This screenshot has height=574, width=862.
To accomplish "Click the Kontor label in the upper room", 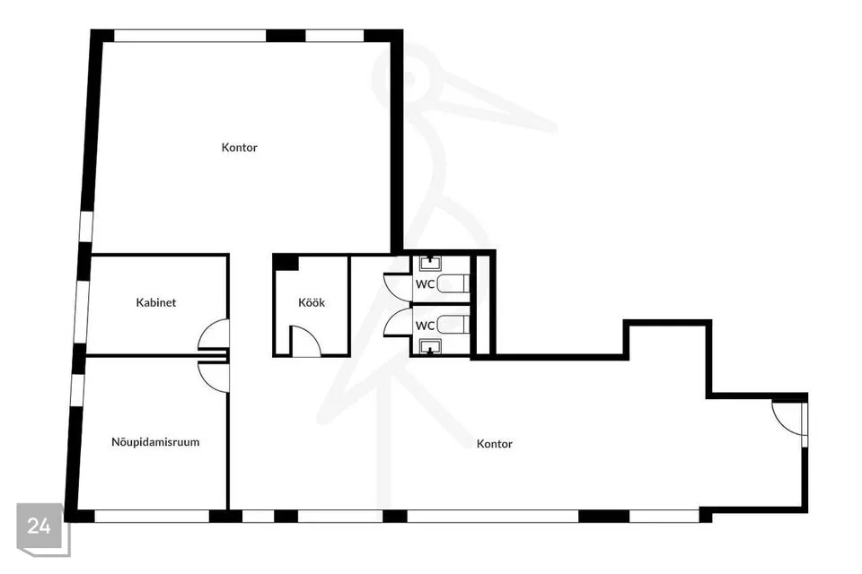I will tap(240, 147).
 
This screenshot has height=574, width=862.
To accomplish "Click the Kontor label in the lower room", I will tap(495, 444).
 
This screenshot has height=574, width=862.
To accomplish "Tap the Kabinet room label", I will tap(156, 303).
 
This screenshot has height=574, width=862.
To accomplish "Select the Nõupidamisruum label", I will tap(155, 442).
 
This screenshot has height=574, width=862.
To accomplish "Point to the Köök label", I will tap(312, 303).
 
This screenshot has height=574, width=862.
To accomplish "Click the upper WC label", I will tap(425, 283).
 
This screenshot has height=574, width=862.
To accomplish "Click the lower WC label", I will tap(425, 326).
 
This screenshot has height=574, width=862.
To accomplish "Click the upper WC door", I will tap(397, 286).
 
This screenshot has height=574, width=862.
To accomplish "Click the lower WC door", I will tap(397, 323).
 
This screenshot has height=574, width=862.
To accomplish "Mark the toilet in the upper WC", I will tap(455, 283).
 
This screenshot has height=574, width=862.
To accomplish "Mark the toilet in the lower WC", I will tap(455, 324).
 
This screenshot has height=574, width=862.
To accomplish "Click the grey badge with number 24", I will tap(40, 526).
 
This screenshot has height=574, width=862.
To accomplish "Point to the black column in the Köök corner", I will tap(286, 262).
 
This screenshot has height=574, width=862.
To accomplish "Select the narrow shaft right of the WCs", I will tap(482, 305).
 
